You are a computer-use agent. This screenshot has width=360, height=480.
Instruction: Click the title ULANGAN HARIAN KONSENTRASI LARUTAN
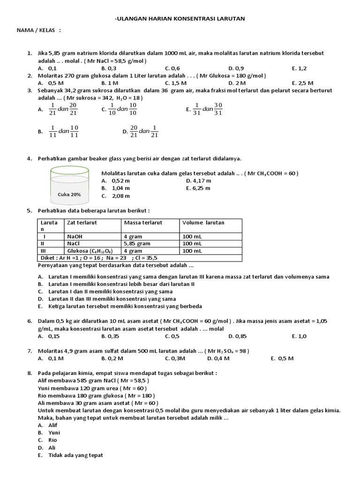180,18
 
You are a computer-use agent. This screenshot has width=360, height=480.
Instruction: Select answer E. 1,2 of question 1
299,68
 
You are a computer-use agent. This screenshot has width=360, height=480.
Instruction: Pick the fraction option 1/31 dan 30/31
204,109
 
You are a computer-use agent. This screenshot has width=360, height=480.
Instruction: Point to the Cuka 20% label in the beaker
69,194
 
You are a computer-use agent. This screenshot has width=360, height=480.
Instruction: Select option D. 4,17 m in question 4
198,180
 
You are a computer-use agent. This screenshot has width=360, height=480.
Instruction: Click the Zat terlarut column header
82,223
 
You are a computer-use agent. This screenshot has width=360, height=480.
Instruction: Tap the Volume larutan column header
203,223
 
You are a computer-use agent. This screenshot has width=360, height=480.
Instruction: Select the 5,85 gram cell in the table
137,244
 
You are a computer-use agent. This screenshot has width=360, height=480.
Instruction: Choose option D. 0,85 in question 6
238,336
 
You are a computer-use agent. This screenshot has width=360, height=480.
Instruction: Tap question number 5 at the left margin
29,210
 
